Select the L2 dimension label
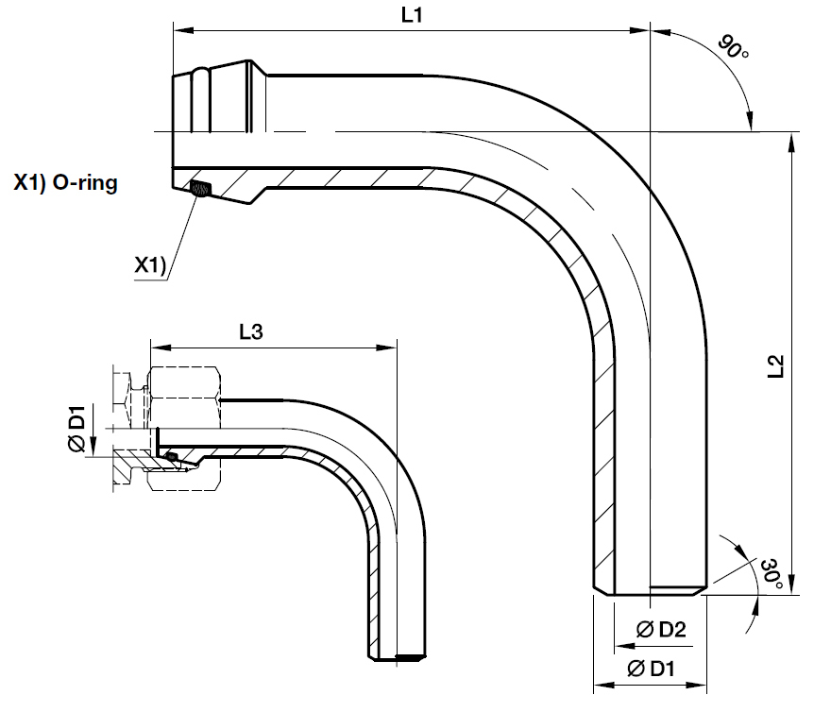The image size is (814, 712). click(x=777, y=366)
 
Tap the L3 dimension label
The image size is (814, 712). click(x=250, y=331)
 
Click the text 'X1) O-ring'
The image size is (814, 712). click(x=65, y=183)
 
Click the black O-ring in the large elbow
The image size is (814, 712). click(x=199, y=188)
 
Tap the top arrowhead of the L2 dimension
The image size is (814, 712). click(x=790, y=139)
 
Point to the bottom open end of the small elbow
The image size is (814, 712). click(x=394, y=656)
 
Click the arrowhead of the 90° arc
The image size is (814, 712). click(x=749, y=123)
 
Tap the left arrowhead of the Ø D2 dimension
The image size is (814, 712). click(x=619, y=647)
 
